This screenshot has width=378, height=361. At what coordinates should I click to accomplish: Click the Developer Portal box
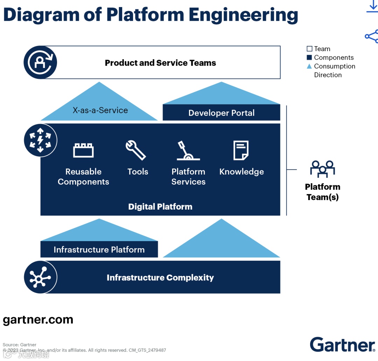pyautogui.click(x=221, y=113)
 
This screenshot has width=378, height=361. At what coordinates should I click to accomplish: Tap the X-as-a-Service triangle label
pyautogui.click(x=100, y=110)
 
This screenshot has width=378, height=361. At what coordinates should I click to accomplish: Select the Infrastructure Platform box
pyautogui.click(x=99, y=250)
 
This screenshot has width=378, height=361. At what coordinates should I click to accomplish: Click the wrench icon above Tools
pyautogui.click(x=136, y=150)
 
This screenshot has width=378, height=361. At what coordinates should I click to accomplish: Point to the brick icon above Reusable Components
pyautogui.click(x=83, y=150)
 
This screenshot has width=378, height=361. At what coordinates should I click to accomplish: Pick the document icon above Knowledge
pyautogui.click(x=241, y=150)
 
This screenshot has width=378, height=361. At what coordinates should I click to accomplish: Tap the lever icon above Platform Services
pyautogui.click(x=188, y=151)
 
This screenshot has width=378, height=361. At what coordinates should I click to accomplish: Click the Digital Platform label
pyautogui.click(x=160, y=206)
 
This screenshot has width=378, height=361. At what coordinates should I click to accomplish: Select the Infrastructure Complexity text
pyautogui.click(x=160, y=278)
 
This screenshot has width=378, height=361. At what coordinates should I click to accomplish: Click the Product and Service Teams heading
pyautogui.click(x=160, y=63)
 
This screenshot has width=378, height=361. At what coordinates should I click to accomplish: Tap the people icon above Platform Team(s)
pyautogui.click(x=322, y=169)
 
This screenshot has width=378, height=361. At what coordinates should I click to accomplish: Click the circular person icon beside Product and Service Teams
pyautogui.click(x=40, y=63)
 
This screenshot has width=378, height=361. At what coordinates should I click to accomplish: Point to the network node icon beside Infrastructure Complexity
pyautogui.click(x=40, y=278)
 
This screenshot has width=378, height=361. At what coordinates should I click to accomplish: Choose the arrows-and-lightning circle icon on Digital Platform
pyautogui.click(x=40, y=140)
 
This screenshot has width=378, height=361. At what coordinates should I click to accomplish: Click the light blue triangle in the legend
pyautogui.click(x=309, y=66)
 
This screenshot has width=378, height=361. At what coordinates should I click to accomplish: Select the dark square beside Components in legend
pyautogui.click(x=309, y=57)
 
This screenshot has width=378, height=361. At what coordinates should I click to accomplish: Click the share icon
pyautogui.click(x=371, y=36)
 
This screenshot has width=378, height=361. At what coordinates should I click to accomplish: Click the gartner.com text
pyautogui.click(x=38, y=320)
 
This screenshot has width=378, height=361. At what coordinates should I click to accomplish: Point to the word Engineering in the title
pyautogui.click(x=243, y=15)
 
